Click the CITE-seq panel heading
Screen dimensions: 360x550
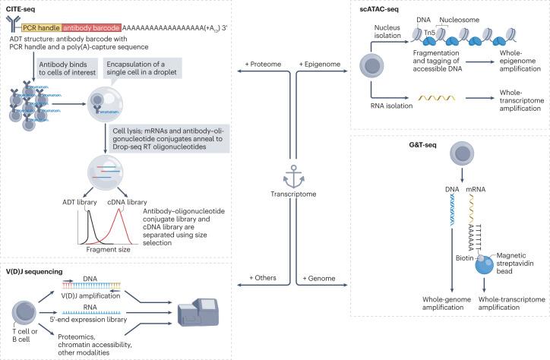23,8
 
